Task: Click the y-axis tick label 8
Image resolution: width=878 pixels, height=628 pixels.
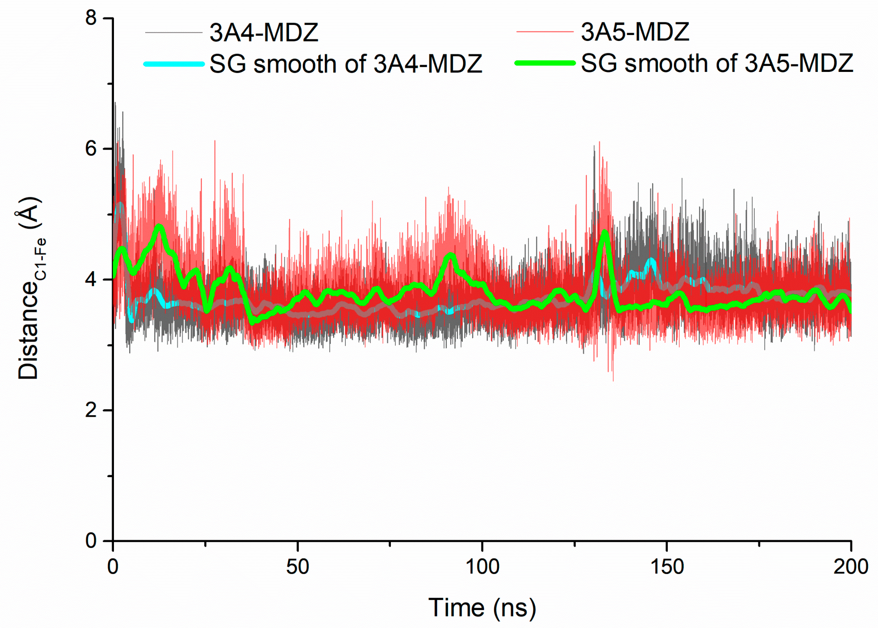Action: (x=91, y=18)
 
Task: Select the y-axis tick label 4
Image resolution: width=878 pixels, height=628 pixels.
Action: (x=91, y=279)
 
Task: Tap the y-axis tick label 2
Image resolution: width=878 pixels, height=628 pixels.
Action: (x=91, y=410)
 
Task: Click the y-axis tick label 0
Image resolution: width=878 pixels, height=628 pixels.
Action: (x=91, y=540)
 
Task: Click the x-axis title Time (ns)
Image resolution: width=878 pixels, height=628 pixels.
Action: (x=482, y=607)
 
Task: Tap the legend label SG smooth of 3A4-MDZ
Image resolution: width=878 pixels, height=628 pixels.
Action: (x=346, y=64)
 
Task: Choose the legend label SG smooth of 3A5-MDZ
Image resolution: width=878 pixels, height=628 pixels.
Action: (x=717, y=63)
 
